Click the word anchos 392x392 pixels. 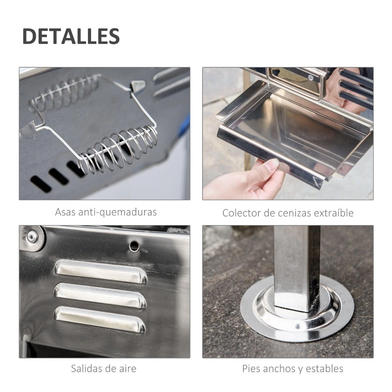(280, 369)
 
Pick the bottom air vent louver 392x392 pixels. (100, 318)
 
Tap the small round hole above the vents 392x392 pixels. (133, 244)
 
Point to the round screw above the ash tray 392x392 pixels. (310, 78)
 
